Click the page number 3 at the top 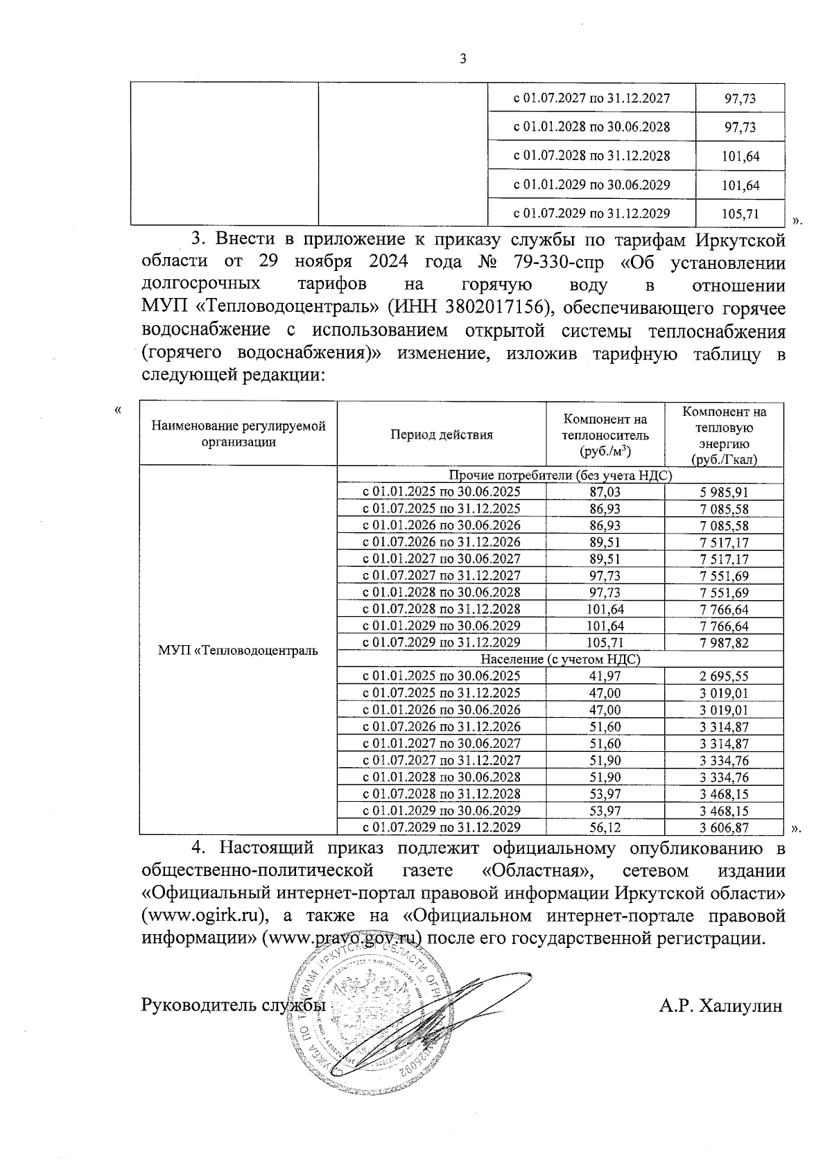pos(463,59)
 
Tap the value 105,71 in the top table pos(740,214)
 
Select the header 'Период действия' pos(441,435)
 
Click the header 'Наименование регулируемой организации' pos(239,434)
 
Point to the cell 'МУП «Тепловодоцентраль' pos(238,650)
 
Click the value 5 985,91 pos(725,492)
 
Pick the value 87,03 pos(605,492)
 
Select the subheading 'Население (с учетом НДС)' pos(560,659)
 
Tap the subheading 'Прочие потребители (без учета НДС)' pos(560,475)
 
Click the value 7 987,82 pos(725,642)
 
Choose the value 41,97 pos(605,676)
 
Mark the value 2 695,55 pos(725,676)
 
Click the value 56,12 pos(605,827)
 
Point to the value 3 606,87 pos(725,827)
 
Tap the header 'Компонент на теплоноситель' pos(605,435)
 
